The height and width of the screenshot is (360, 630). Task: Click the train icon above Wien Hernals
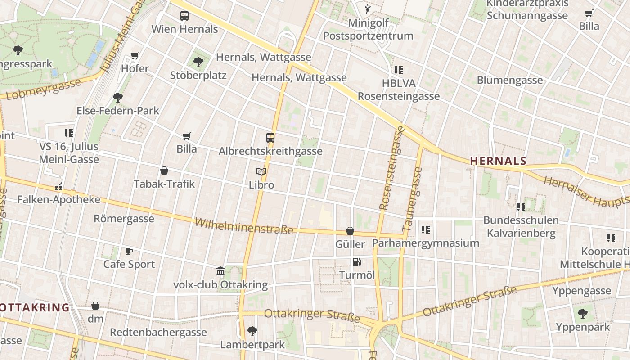pos(184,16)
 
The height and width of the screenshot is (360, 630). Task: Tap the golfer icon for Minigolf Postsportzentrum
pos(368,9)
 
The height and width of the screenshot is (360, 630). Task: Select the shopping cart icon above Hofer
pos(135,55)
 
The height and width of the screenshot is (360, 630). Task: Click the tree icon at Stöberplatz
pos(198,62)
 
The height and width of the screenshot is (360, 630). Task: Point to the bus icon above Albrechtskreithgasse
pos(270,138)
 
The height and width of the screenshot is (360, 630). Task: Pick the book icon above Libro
pos(261,171)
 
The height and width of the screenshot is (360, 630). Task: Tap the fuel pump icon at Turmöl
pos(356,261)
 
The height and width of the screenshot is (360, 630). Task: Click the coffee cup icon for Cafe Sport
pos(129,251)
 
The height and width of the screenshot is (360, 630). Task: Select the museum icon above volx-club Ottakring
pos(220,271)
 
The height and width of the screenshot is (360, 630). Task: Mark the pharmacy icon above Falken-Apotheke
pos(58,186)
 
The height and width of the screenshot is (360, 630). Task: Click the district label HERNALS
pos(498,161)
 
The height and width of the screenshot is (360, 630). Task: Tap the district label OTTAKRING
pos(35,308)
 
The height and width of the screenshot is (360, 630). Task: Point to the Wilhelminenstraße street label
pos(244,226)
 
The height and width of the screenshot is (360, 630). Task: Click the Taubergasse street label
pos(413,199)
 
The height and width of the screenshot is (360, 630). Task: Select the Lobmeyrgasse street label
pos(44,89)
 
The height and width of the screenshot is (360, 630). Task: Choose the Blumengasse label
pos(510,80)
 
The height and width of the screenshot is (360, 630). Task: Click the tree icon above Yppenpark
pos(583,313)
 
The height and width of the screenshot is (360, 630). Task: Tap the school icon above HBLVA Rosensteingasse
pos(398,70)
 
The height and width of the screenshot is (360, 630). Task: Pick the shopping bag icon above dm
pos(95,306)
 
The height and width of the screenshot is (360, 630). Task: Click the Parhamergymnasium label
pos(425,243)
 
